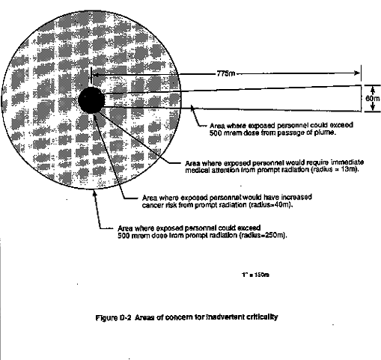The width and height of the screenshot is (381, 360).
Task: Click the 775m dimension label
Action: (x=226, y=73)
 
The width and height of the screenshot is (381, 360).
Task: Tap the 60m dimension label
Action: (x=373, y=99)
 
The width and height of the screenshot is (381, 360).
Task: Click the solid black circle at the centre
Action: (x=91, y=100)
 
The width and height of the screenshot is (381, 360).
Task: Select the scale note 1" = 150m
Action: (x=255, y=275)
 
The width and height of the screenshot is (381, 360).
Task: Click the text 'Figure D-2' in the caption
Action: (x=113, y=317)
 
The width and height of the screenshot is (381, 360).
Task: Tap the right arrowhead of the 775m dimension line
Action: (x=357, y=73)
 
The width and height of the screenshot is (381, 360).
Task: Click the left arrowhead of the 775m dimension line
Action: (x=95, y=74)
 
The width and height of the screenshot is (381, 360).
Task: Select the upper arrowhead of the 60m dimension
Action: (x=373, y=89)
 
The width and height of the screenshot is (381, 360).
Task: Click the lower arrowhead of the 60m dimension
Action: (x=373, y=107)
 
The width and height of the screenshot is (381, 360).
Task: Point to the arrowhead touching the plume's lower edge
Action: (x=192, y=108)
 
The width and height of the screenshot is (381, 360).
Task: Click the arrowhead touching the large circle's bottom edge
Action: (x=94, y=193)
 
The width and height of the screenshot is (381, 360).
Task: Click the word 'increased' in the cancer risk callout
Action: (x=296, y=198)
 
